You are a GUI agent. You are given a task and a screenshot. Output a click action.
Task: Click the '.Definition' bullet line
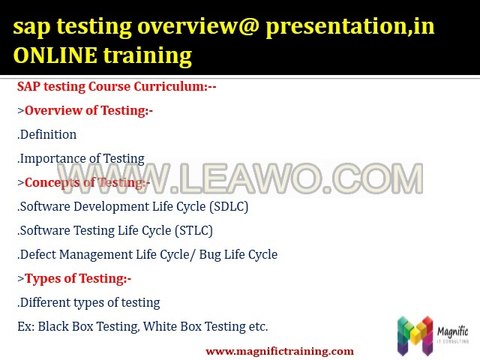click(47, 134)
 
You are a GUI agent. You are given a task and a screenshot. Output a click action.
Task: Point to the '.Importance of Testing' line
click(81, 158)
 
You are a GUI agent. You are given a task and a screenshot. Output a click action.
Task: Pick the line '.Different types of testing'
click(89, 302)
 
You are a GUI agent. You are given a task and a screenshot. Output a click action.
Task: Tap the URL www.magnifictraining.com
click(279, 351)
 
